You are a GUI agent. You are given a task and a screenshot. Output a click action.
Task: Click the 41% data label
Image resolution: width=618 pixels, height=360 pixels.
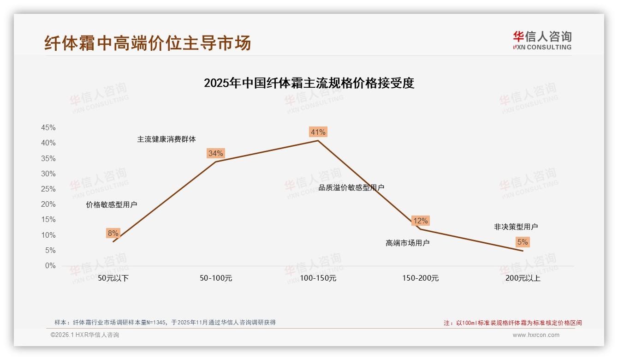tap(318, 132)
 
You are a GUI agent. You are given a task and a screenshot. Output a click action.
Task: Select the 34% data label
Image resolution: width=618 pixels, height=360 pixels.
tap(216, 153)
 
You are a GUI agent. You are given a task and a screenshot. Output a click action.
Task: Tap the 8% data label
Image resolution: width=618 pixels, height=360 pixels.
tap(113, 233)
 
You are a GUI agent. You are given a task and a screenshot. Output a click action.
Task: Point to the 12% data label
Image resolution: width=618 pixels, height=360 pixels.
tap(420, 221)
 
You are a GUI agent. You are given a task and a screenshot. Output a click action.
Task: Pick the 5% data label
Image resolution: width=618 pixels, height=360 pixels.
tap(523, 242)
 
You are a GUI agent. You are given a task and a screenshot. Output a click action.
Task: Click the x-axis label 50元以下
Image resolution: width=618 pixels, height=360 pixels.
tap(113, 278)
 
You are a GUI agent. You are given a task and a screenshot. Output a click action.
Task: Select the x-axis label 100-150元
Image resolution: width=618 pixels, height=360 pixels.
tap(318, 278)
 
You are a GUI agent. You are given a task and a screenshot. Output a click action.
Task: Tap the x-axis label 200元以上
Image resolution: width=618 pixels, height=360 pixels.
tap(523, 278)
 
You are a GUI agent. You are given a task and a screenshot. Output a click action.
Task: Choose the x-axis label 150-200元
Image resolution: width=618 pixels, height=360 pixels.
tap(421, 278)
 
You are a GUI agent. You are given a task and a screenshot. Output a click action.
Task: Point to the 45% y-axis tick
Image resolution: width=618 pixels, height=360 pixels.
tap(48, 127)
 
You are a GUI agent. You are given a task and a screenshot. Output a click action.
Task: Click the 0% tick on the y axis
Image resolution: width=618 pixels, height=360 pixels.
tap(50, 266)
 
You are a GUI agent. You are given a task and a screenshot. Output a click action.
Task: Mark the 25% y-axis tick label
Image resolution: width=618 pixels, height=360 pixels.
tap(48, 189)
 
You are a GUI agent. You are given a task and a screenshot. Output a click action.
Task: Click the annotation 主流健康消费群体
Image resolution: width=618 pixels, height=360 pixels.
tap(166, 139)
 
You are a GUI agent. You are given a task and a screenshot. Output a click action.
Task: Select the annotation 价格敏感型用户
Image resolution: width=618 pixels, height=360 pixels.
tap(112, 204)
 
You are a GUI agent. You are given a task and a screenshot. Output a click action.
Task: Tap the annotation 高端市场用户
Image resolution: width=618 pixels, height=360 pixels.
tap(408, 243)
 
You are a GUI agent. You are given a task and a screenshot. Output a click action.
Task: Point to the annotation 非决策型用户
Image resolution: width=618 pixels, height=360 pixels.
tap(516, 227)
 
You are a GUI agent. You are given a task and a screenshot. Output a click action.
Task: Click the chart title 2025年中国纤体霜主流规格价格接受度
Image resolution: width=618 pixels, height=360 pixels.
tap(309, 83)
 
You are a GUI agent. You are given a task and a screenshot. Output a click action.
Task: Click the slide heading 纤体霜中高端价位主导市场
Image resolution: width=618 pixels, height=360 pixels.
tap(148, 43)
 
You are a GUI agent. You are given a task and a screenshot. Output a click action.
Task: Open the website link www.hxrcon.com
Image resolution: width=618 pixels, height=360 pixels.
tap(536, 335)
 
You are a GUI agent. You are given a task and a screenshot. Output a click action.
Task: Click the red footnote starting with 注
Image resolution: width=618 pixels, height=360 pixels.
tap(513, 323)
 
